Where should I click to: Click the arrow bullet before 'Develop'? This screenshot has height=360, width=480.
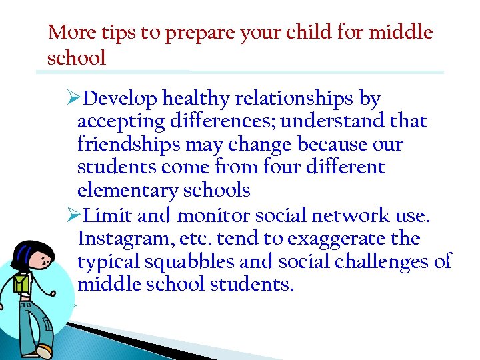point(75,99)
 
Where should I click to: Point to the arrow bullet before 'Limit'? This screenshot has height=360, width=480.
point(75,216)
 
